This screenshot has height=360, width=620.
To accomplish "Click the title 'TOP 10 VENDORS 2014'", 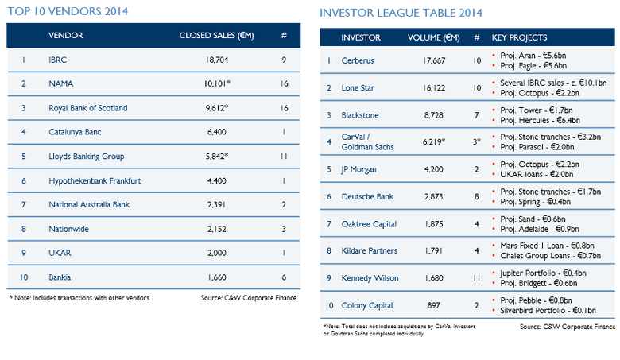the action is (x=68, y=11).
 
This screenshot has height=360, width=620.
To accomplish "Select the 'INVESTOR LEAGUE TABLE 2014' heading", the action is (x=401, y=13).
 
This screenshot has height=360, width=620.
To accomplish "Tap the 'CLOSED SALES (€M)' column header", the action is (x=217, y=36).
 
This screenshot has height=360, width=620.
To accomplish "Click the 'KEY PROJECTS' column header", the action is (x=519, y=37).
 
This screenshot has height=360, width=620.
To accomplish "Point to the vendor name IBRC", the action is (x=58, y=60).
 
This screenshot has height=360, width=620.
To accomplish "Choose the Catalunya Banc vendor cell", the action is (x=75, y=132).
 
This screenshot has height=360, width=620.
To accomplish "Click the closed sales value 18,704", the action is (x=217, y=60).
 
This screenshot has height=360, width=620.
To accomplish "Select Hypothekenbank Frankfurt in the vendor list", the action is (x=95, y=181).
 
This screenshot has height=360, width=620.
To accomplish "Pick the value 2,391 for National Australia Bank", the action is (x=217, y=205).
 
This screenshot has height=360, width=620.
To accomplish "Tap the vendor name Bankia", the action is (x=60, y=277).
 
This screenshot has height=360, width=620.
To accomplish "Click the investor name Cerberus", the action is (x=358, y=60).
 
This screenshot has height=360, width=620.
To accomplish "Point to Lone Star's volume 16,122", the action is (x=434, y=87).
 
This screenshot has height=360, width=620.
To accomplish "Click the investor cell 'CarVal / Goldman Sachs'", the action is (x=367, y=142).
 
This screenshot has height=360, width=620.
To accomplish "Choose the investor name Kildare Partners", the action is (x=370, y=250).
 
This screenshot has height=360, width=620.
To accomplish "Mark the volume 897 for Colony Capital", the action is (x=434, y=305).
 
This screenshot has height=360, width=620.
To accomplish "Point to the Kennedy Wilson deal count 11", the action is (x=477, y=278).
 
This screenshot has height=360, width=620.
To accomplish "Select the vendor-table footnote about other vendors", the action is (x=79, y=298).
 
